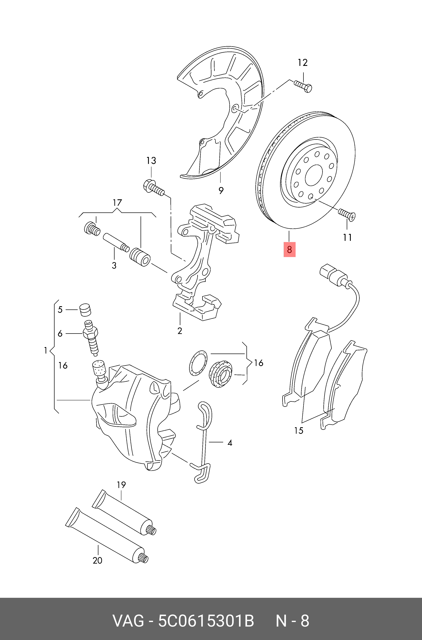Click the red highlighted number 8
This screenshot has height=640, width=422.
(x=289, y=250)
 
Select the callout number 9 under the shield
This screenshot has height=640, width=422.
(x=221, y=191)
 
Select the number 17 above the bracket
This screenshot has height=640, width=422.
(x=117, y=202)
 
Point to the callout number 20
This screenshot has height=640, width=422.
(x=97, y=561)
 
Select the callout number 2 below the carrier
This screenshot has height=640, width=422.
(x=180, y=331)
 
